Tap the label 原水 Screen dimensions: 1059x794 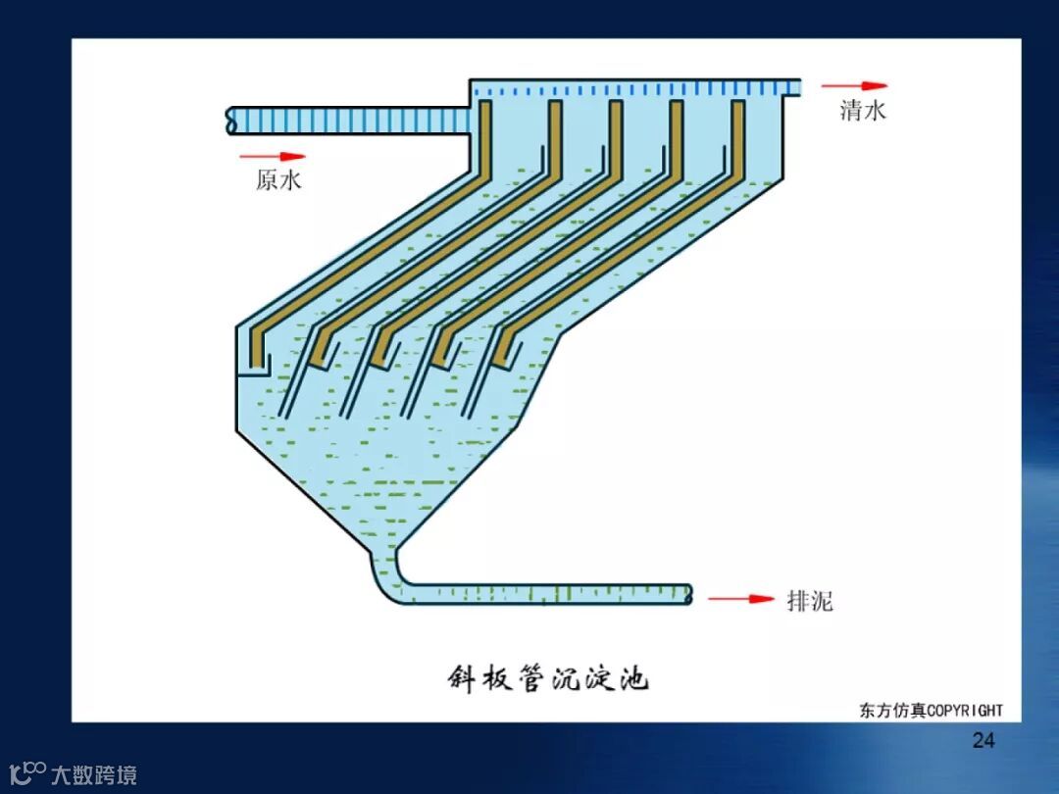pos(278,180)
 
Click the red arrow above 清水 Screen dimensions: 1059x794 pos(854,86)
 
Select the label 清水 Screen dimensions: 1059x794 pos(863,111)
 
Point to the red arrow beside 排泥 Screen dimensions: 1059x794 pos(741,598)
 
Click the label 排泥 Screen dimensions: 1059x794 pos(810,601)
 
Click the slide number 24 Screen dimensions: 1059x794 pos(983,740)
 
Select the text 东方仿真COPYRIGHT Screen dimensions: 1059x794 pos(932,711)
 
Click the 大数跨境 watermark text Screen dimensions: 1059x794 pos(94,775)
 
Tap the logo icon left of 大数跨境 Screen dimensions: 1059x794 pos(26,772)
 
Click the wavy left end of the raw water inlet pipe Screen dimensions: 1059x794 pos(231,121)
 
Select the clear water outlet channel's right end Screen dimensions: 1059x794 pos(794,89)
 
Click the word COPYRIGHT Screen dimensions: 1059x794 pos(965,711)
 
